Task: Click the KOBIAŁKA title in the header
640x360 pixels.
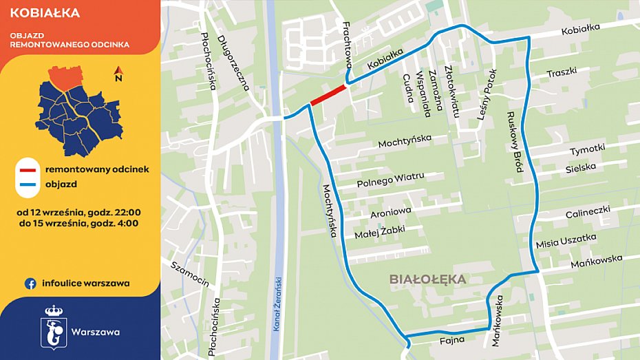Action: click(45, 13)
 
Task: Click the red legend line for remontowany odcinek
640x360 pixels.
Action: click(28, 169)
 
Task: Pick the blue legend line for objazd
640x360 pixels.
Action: click(28, 184)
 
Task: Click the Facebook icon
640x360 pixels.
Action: click(30, 283)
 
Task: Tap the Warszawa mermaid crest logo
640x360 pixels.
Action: click(53, 326)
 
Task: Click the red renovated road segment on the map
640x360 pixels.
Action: click(328, 96)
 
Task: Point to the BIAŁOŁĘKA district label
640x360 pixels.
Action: click(427, 279)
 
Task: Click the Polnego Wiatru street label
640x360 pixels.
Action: click(390, 180)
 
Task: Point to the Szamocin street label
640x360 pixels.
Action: click(190, 275)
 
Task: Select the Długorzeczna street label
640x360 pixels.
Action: click(233, 63)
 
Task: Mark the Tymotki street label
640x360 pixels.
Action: click(586, 149)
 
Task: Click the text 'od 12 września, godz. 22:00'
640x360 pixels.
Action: click(80, 211)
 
